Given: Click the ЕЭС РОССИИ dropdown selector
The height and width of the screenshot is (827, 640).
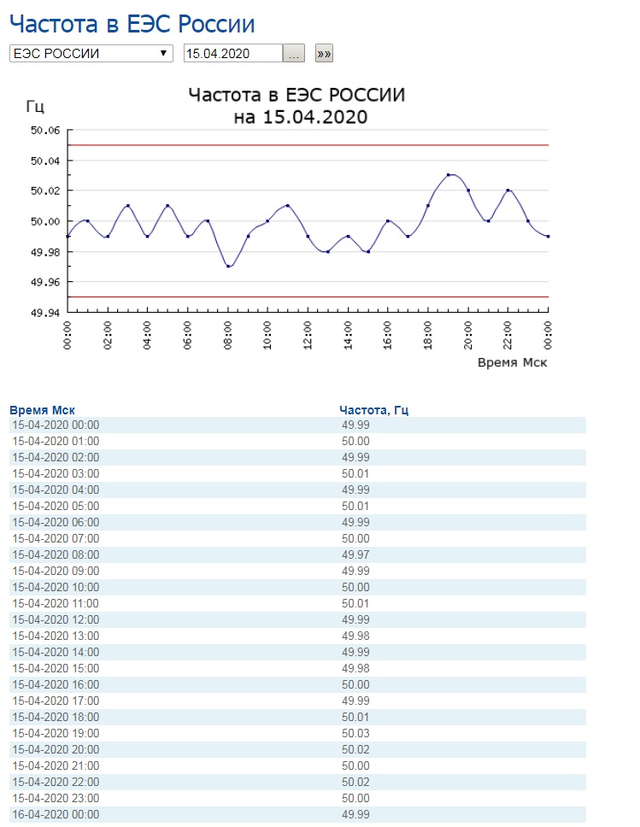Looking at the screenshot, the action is click(x=91, y=53).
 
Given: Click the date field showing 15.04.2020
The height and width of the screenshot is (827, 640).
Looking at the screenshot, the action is click(x=233, y=53).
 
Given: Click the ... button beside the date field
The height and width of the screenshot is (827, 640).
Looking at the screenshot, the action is click(x=294, y=53).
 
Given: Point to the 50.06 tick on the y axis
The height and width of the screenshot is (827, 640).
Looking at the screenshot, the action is click(x=45, y=130).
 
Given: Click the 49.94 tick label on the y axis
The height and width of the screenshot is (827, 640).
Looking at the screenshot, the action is click(x=45, y=312).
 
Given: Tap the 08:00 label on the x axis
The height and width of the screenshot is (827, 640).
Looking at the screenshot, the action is click(x=228, y=336).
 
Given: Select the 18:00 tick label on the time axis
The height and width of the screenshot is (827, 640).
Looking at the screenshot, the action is click(x=428, y=336).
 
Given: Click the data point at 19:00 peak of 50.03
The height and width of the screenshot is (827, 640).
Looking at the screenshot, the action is click(x=448, y=174).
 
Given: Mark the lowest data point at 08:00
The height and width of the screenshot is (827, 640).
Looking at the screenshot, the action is click(x=228, y=267).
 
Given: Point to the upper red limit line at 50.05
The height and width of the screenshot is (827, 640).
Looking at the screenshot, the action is click(x=308, y=145).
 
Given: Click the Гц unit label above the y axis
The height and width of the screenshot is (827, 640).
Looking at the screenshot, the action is click(x=35, y=107).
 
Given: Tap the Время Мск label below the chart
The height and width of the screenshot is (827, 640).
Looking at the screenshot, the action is click(x=513, y=362).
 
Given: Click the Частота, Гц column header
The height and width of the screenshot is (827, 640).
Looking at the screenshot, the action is click(x=373, y=410).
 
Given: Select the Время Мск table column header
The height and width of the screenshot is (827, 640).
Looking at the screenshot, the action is click(x=42, y=410).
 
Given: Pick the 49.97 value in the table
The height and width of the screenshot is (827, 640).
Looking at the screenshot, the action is click(x=355, y=554).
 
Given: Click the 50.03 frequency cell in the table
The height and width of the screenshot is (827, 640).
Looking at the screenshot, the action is click(x=355, y=733).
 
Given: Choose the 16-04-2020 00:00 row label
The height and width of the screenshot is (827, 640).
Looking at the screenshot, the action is click(x=56, y=814).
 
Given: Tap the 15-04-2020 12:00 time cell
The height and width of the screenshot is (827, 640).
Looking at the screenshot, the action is click(x=56, y=619).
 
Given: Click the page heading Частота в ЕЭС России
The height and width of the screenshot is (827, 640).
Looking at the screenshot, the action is click(x=132, y=24).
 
